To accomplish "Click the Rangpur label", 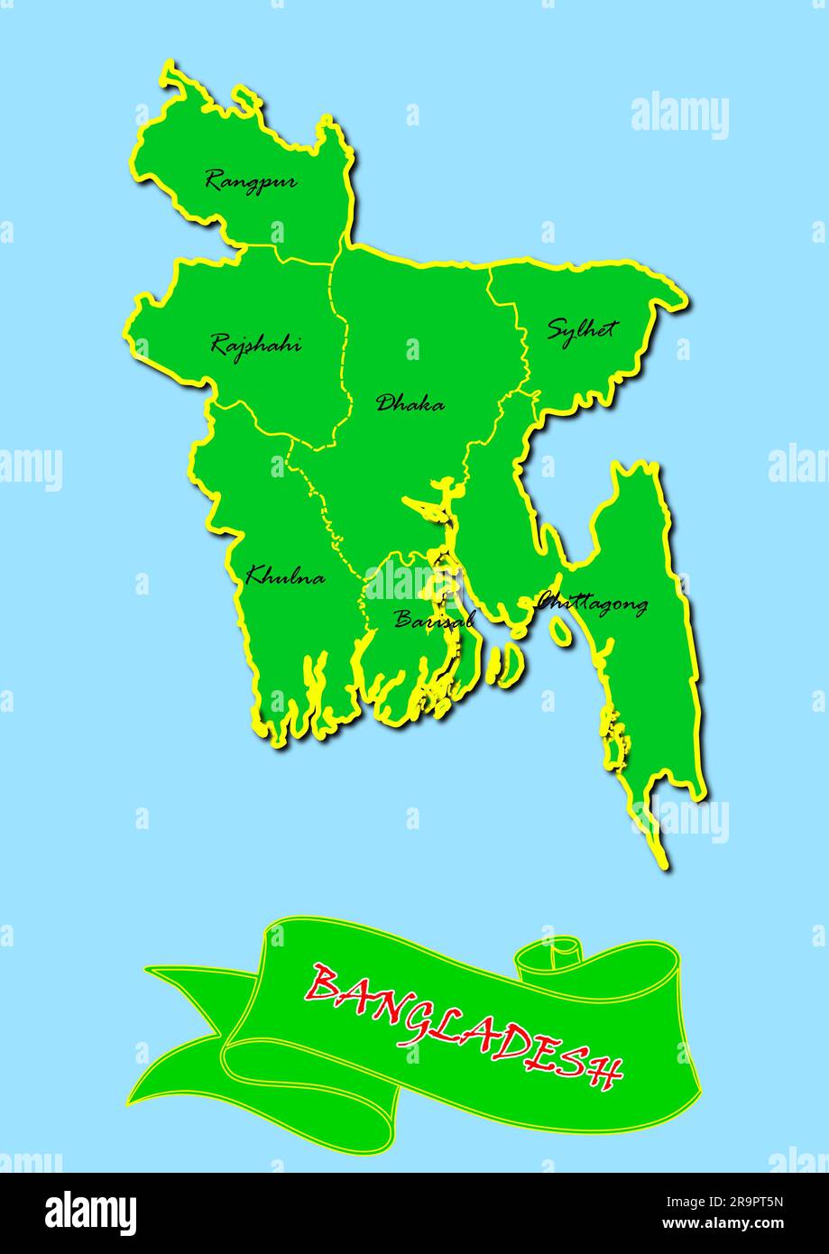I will pyautogui.click(x=251, y=180).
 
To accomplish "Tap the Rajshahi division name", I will pyautogui.click(x=256, y=344).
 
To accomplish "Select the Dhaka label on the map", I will pyautogui.click(x=410, y=403).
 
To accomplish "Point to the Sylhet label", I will pyautogui.click(x=580, y=328).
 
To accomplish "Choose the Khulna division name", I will pyautogui.click(x=285, y=575).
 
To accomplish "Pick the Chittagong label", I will pyautogui.click(x=594, y=603).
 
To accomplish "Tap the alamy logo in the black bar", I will pyautogui.click(x=91, y=1213).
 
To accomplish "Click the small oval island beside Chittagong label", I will pyautogui.click(x=561, y=632).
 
